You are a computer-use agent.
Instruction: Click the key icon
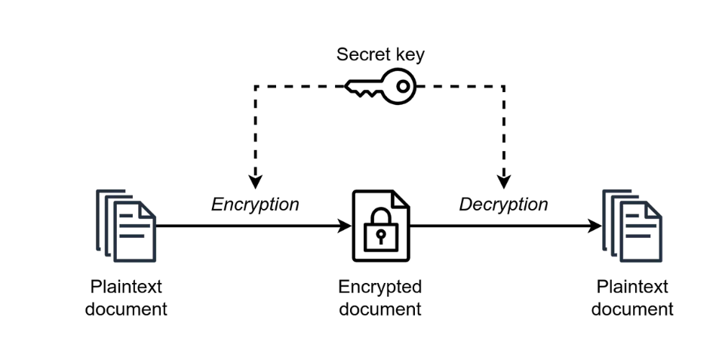pyautogui.click(x=381, y=86)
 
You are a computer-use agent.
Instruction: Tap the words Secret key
pyautogui.click(x=380, y=54)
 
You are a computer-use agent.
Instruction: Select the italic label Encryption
pyautogui.click(x=255, y=205)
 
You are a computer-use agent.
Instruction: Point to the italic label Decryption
pyautogui.click(x=503, y=205)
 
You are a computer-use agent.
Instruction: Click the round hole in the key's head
pyautogui.click(x=403, y=86)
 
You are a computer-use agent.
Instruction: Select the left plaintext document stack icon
pyautogui.click(x=126, y=226)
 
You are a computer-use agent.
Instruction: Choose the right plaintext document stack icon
pyautogui.click(x=631, y=226)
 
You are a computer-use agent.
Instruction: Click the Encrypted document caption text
pyautogui.click(x=380, y=298)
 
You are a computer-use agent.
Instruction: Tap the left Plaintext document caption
pyautogui.click(x=126, y=298)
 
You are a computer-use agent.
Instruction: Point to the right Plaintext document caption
pyautogui.click(x=632, y=298)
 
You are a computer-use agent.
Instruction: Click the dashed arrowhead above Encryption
pyautogui.click(x=255, y=183)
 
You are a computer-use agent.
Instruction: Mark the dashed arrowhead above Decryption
pyautogui.click(x=504, y=183)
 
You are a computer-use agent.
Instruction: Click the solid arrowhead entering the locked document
pyautogui.click(x=345, y=226)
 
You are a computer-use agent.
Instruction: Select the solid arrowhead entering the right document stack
pyautogui.click(x=594, y=226)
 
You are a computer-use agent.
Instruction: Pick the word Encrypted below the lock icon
pyautogui.click(x=380, y=288)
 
